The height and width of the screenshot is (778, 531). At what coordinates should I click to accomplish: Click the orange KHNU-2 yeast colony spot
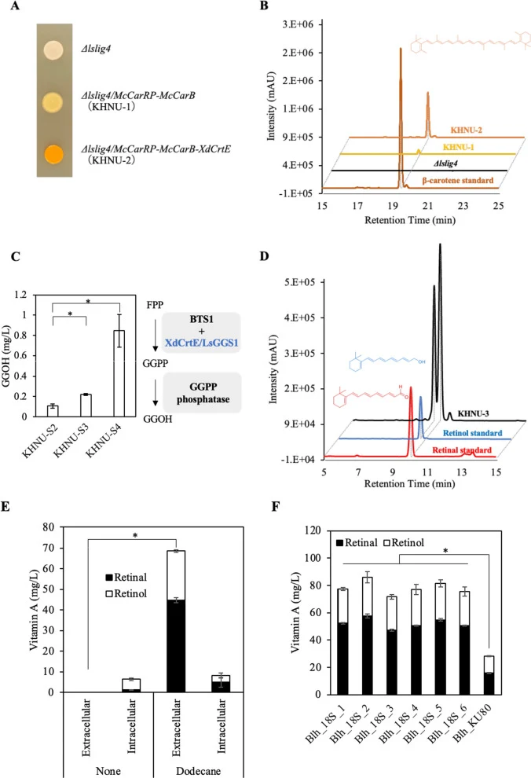[53, 154]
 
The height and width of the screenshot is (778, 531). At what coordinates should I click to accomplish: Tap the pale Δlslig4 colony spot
[53, 50]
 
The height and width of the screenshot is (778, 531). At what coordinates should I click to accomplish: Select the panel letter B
[264, 6]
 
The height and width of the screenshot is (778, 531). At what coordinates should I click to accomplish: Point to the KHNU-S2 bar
[53, 411]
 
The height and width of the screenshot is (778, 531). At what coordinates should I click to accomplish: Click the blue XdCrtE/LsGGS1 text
[201, 343]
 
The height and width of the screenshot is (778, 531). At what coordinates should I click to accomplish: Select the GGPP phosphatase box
[203, 393]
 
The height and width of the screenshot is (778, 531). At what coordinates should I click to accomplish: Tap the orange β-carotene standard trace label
[458, 181]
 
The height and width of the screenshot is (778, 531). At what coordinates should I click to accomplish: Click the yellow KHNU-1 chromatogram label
[458, 147]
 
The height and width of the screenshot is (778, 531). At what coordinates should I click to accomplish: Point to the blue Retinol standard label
[473, 433]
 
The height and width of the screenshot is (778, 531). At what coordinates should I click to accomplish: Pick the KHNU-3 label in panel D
[473, 413]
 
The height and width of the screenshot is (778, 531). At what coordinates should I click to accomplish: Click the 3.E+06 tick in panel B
[298, 24]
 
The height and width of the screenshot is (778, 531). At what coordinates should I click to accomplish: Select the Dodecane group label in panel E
[198, 771]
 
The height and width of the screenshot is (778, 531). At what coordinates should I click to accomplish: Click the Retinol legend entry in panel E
[126, 593]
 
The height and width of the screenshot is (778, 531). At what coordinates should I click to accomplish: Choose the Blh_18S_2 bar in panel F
[367, 636]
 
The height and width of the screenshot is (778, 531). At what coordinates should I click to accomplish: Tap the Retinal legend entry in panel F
[357, 543]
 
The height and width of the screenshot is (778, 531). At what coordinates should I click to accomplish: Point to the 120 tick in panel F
[313, 530]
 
